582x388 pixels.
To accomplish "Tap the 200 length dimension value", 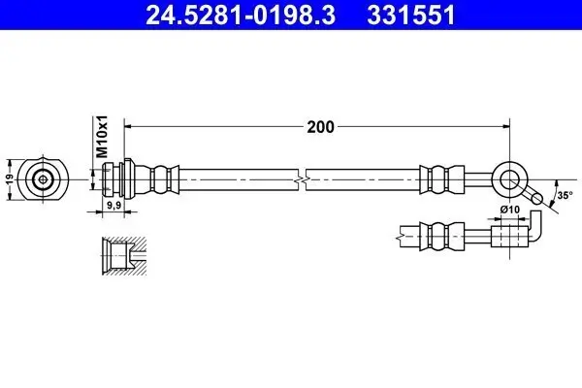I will click(x=321, y=126).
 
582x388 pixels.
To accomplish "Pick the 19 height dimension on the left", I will click(x=10, y=178).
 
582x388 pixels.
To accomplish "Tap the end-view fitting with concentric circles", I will click(x=43, y=178).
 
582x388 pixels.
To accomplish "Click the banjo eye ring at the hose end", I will click(x=509, y=178).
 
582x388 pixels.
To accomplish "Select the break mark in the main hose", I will click(x=305, y=178).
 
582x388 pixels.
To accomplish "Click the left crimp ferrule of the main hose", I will click(x=164, y=178).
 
